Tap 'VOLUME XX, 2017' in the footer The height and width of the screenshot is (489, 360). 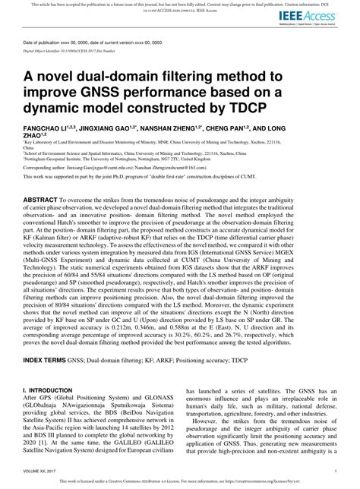coord(43,472)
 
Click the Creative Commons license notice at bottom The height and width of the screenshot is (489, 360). coord(179,481)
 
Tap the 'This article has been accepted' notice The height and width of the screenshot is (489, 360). coord(180,5)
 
